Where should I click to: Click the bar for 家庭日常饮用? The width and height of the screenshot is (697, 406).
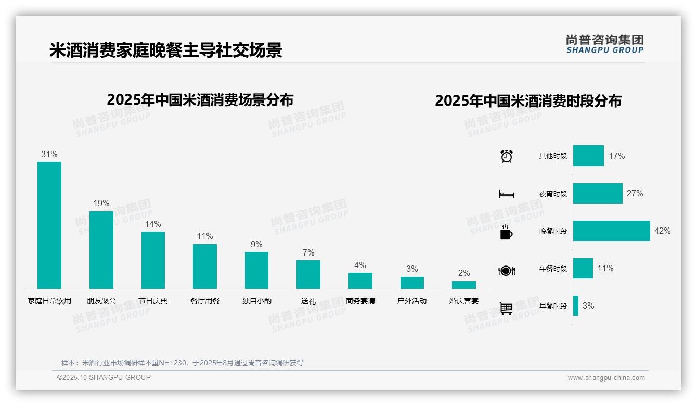(x=49, y=225)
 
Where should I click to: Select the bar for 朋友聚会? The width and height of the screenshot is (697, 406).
(x=101, y=250)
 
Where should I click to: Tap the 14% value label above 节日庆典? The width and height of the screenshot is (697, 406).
(x=153, y=224)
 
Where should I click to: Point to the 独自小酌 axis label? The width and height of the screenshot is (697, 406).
(x=256, y=301)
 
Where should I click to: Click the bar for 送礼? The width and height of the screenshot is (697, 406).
(x=308, y=274)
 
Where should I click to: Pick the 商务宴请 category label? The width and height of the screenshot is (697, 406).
(x=360, y=301)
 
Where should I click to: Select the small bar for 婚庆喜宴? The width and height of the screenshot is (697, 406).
(x=463, y=285)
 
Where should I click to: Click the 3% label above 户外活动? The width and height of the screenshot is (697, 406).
(x=412, y=269)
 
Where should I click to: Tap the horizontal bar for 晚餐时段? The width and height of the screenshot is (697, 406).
(x=611, y=231)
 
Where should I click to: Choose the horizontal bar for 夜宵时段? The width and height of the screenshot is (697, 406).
(x=598, y=193)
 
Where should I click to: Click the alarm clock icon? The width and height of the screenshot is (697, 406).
(x=506, y=156)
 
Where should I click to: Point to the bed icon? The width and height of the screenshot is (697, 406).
(x=506, y=194)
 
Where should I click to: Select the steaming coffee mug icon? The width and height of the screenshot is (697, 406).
(x=506, y=232)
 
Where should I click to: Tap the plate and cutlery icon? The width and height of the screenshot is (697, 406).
(x=506, y=270)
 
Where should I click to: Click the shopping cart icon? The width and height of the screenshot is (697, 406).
(x=506, y=308)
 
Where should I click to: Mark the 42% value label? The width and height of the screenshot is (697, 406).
(x=662, y=231)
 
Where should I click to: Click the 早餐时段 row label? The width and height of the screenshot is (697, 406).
(x=553, y=306)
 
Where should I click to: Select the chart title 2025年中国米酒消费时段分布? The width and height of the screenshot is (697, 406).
(x=528, y=100)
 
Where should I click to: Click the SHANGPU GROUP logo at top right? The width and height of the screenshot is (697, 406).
(x=605, y=44)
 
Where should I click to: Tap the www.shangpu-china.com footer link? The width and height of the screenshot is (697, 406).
(x=606, y=378)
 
